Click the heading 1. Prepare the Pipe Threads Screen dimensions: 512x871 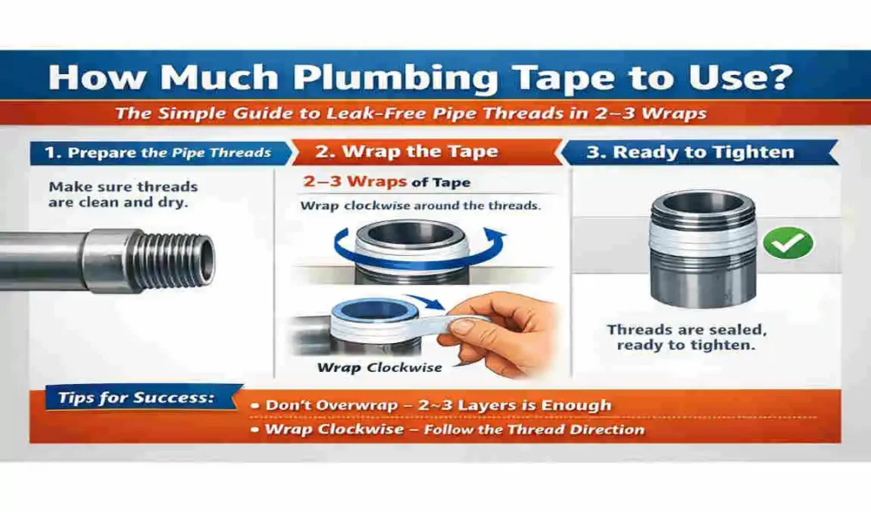[x=157, y=153]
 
